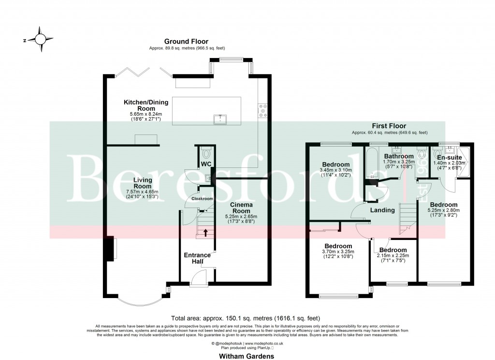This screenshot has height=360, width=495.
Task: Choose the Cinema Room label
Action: pos(240,208)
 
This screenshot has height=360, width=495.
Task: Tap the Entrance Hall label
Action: pos(197,258)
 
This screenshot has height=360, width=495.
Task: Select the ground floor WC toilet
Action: pos(206,153)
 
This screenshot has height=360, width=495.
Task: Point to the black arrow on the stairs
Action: pos(205,233)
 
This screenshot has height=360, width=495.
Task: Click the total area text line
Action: pos(246,318)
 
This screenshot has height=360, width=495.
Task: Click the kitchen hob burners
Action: pos(263,110)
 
